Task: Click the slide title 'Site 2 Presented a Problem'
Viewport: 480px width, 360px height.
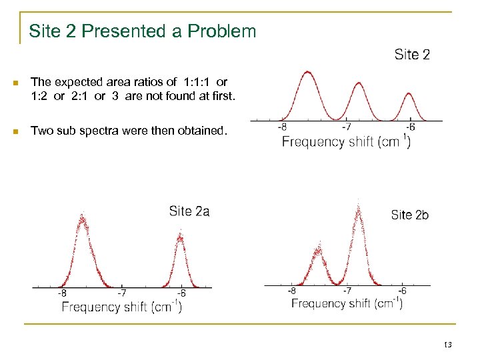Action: coord(142,31)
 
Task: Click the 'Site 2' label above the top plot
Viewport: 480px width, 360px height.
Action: coord(412,55)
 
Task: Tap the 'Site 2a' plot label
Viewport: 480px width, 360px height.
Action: coord(189,211)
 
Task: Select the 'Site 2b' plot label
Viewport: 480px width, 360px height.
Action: coord(409,215)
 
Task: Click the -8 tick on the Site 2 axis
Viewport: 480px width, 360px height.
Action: coord(283,127)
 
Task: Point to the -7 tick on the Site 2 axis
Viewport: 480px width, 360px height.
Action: coord(347,127)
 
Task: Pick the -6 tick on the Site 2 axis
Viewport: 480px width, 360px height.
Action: coord(411,127)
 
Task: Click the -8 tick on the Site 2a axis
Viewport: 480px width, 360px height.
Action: coord(61,293)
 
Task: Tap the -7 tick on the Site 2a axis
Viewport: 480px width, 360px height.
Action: coord(121,293)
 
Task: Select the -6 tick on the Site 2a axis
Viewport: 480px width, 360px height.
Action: coord(181,293)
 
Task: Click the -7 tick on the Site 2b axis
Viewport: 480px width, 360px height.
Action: coord(347,291)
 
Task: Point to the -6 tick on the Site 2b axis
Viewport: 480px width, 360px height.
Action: coord(402,291)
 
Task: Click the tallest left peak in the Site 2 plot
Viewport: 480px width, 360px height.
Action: coord(307,72)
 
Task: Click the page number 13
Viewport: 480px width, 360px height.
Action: coord(447,344)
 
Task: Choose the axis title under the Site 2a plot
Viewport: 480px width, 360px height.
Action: coord(121,307)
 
